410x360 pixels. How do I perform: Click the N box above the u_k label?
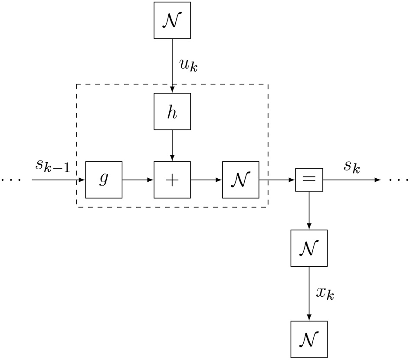pos(172,20)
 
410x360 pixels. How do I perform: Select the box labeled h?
pos(172,112)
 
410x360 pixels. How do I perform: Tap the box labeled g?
pos(104,180)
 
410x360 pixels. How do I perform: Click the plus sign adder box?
pos(172,180)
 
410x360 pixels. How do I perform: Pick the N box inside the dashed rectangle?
pos(240,180)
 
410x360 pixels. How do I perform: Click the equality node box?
pos(309,180)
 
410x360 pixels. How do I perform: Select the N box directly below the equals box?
pos(309,248)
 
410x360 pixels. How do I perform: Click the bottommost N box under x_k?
pos(309,339)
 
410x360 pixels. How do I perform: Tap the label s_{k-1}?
pos(52,166)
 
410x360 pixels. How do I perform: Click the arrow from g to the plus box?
pos(138,180)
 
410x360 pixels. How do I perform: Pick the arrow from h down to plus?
pos(172,145)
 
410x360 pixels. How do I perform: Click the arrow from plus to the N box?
pos(206,180)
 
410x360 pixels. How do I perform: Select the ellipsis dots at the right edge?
pos(399,180)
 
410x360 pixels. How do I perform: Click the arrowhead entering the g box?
pos(82,180)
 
